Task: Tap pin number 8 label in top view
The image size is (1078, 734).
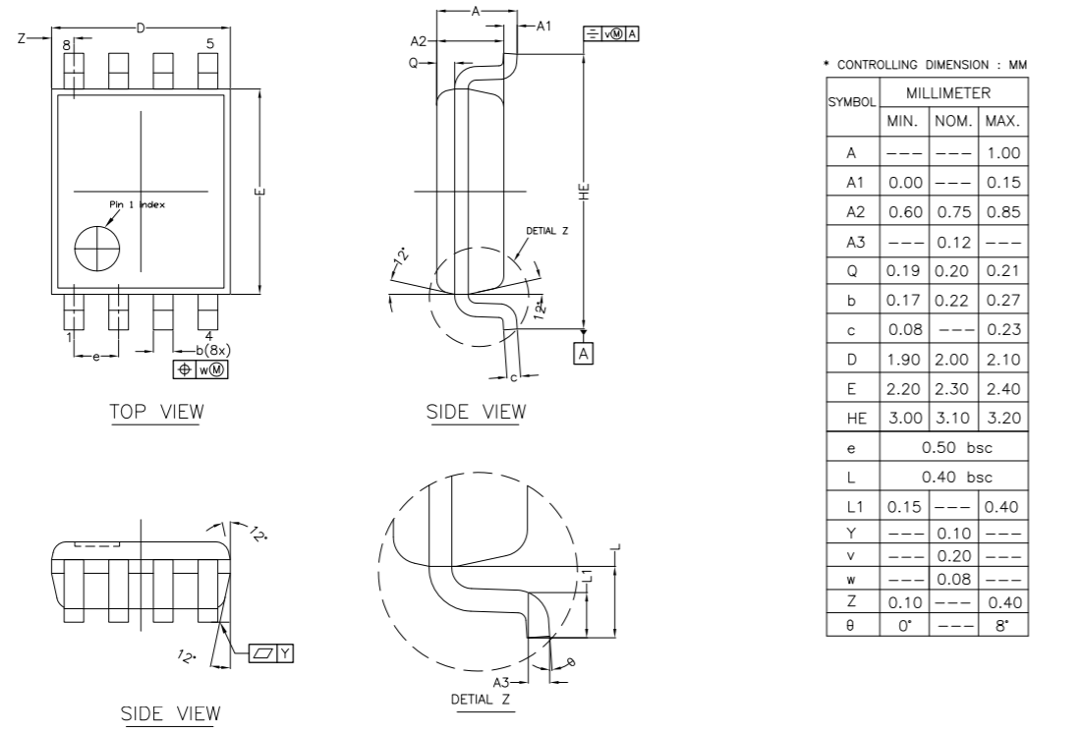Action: (67, 45)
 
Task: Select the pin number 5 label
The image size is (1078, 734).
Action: (209, 42)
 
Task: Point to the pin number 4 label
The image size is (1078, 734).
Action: (209, 336)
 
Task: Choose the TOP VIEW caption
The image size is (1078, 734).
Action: (156, 411)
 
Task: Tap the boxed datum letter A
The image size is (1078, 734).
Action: (586, 353)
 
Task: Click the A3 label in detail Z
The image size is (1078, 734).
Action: (501, 682)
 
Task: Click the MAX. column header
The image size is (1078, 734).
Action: (1003, 123)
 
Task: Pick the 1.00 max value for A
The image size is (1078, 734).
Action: (1003, 153)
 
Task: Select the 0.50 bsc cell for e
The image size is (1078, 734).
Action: (957, 448)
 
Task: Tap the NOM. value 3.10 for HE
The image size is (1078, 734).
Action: (952, 419)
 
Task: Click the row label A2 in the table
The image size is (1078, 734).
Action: (851, 212)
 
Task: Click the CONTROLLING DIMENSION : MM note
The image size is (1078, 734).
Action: (926, 65)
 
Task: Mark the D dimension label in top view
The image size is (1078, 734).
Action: (140, 28)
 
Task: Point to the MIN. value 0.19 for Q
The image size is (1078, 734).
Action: (904, 271)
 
